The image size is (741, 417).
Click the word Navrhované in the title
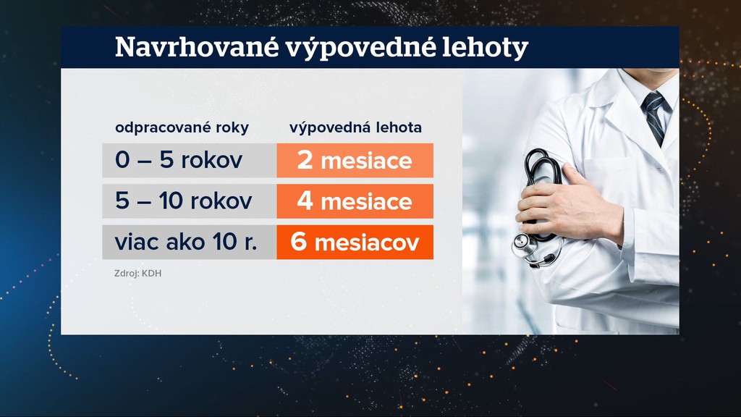click(197, 47)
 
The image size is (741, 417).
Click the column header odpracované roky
click(182, 127)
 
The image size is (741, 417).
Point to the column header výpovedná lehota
click(355, 127)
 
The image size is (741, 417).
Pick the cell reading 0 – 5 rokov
click(189, 160)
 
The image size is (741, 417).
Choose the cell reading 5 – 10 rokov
click(189, 201)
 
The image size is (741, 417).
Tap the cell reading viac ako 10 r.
click(189, 242)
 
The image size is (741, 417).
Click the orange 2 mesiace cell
click(355, 160)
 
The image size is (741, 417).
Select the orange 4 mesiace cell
click(355, 201)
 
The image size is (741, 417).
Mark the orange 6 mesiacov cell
click(355, 242)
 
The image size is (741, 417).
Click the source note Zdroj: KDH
click(137, 273)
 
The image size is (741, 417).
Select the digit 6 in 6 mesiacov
click(299, 242)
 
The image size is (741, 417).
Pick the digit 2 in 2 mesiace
click(305, 160)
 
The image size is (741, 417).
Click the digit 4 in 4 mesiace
click(305, 201)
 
